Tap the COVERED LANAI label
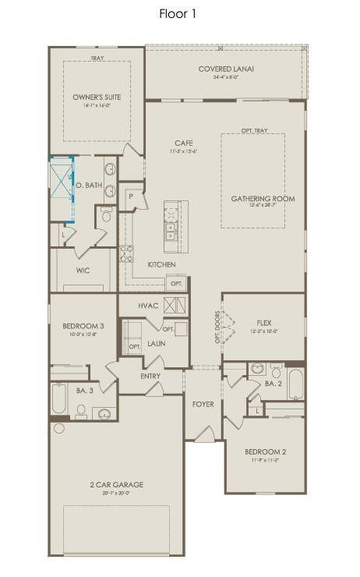226,69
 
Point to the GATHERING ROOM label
263,199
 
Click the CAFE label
184,143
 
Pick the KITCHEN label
161,265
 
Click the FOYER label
203,404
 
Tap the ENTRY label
150,377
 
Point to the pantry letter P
131,196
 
